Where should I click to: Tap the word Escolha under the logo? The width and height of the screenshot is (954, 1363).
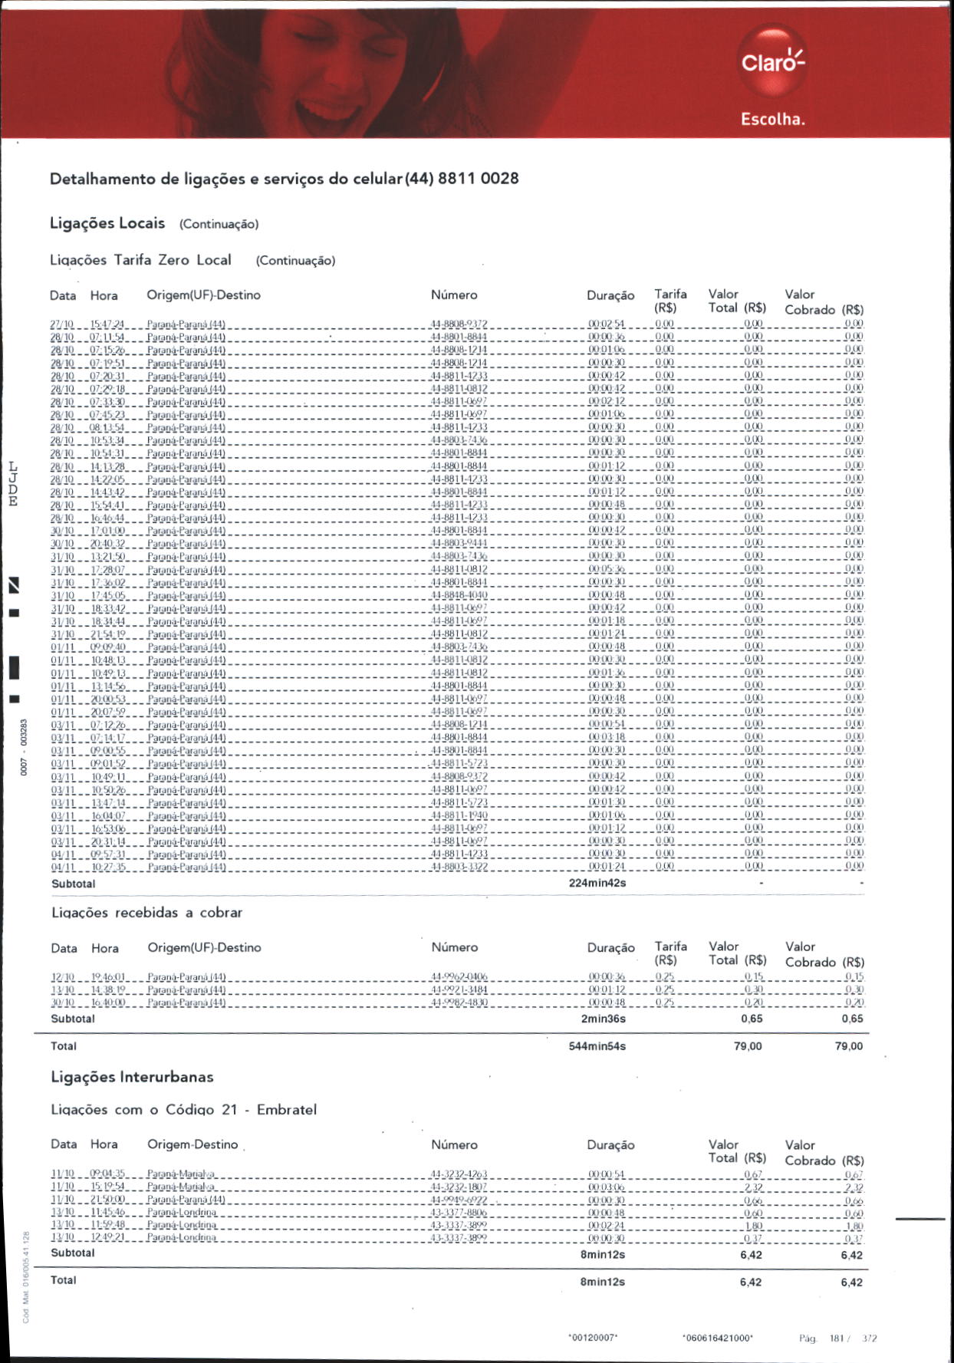coord(772,120)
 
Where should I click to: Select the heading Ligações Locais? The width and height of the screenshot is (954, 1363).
coord(107,223)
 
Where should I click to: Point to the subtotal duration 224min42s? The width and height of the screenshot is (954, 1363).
coord(597,883)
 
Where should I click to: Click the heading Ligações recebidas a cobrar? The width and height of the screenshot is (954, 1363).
coord(146,913)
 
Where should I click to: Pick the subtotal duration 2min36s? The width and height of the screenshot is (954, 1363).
coord(603,1019)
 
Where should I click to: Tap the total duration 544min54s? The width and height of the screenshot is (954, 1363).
coord(597,1046)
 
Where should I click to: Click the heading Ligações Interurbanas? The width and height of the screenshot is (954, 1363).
coord(132,1077)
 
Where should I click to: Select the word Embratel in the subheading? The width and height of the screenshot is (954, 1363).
coord(286,1110)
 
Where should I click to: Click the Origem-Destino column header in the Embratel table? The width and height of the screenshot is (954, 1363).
coord(192,1144)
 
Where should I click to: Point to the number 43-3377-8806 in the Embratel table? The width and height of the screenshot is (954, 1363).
coord(459,1213)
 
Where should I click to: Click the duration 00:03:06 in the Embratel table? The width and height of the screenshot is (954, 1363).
coord(606,1187)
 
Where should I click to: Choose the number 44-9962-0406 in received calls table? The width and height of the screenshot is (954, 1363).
coord(459,977)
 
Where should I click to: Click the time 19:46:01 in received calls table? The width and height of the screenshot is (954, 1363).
coord(108,977)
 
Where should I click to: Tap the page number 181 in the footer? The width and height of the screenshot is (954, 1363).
coord(836,1338)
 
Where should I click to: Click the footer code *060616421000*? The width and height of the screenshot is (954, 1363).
coord(717,1338)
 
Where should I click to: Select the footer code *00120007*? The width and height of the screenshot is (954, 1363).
coord(593,1338)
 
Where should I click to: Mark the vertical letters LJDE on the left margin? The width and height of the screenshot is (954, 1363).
coord(12,484)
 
